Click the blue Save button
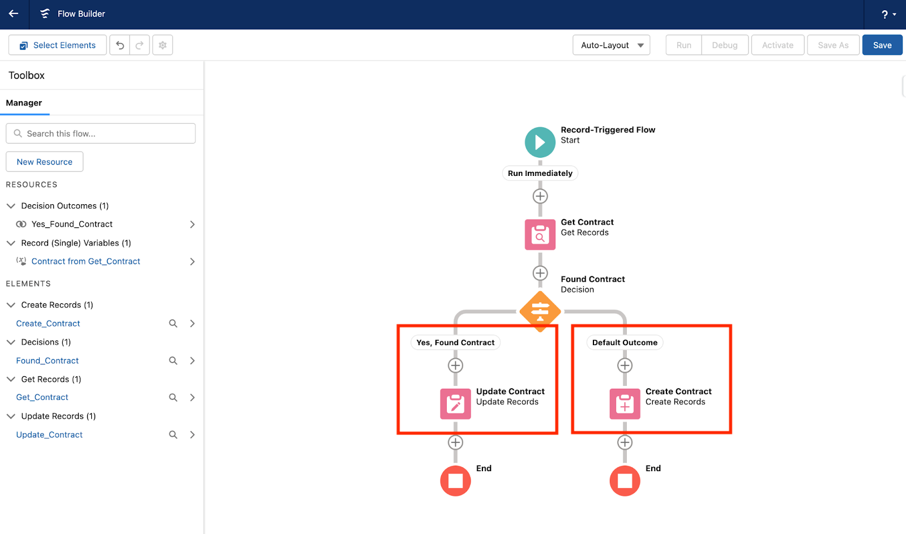pyautogui.click(x=882, y=45)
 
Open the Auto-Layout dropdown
pyautogui.click(x=611, y=45)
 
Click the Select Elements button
pyautogui.click(x=57, y=45)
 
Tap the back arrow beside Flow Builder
pyautogui.click(x=14, y=14)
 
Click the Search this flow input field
pyautogui.click(x=101, y=133)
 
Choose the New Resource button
pyautogui.click(x=45, y=162)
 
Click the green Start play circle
pyautogui.click(x=540, y=142)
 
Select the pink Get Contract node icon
pyautogui.click(x=540, y=234)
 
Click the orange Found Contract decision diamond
pyautogui.click(x=540, y=312)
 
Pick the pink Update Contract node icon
pyautogui.click(x=455, y=403)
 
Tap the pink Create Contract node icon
pyautogui.click(x=625, y=403)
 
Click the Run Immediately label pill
pyautogui.click(x=540, y=173)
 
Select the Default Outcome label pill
pyautogui.click(x=625, y=343)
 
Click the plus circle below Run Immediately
pyautogui.click(x=540, y=196)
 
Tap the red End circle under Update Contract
pyautogui.click(x=455, y=481)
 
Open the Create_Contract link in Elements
pyautogui.click(x=48, y=323)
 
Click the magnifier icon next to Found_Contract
pyautogui.click(x=173, y=360)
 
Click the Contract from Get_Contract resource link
pyautogui.click(x=86, y=261)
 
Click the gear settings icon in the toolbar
pyautogui.click(x=163, y=45)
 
